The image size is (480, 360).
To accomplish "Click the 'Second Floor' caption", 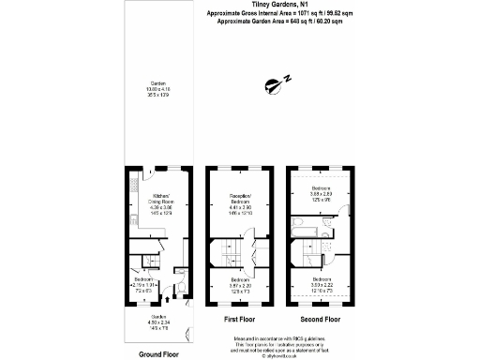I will [320, 319].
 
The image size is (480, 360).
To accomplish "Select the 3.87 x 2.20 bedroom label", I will [240, 283].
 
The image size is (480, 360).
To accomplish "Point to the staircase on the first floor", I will [226, 252].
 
